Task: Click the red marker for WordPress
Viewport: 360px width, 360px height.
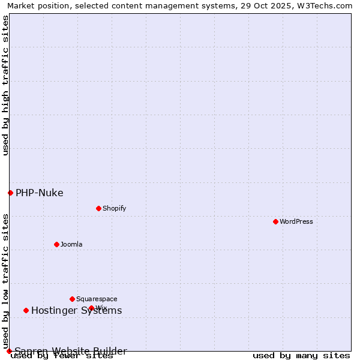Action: tap(275, 221)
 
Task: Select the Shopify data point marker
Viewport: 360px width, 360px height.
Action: tap(98, 208)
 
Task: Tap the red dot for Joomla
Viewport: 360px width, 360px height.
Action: tap(56, 244)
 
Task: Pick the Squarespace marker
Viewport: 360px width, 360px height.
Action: tap(72, 299)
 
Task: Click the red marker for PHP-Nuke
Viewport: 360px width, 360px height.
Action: tap(10, 193)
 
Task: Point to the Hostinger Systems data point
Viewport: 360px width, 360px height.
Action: tap(26, 310)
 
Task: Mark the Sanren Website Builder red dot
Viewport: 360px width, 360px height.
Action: tap(9, 351)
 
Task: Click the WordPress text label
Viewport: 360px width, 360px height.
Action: tap(296, 221)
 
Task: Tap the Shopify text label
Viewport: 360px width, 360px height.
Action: tap(114, 208)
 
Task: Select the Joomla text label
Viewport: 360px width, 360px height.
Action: tap(71, 244)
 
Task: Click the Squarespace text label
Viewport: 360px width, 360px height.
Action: tap(97, 299)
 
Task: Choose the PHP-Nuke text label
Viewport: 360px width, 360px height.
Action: tap(39, 193)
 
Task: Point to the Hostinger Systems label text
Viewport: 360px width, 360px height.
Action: tap(76, 310)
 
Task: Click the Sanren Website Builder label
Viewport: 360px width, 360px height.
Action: tap(71, 351)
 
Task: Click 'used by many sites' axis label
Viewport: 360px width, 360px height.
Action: tap(301, 356)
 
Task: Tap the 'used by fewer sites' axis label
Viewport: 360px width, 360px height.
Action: tap(62, 356)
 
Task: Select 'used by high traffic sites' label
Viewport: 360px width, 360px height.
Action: tap(5, 85)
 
